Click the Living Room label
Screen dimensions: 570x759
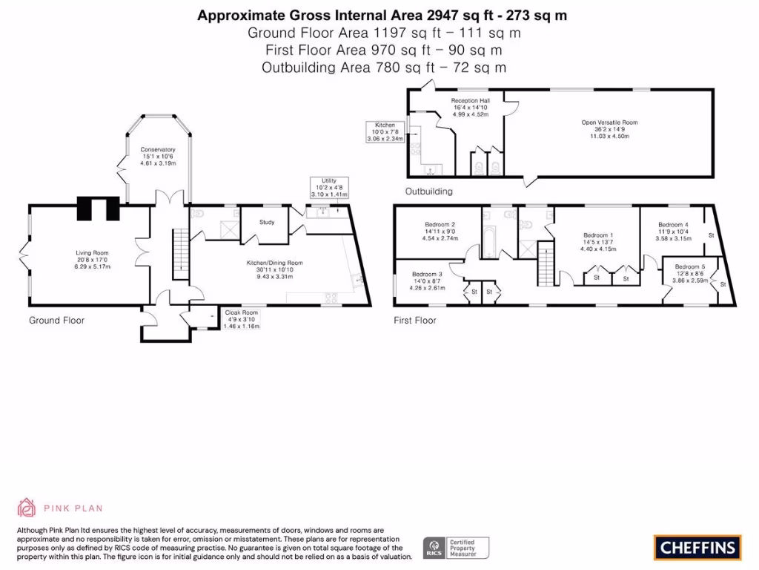(x=92, y=259)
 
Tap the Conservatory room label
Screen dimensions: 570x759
(x=157, y=156)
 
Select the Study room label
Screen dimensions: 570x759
(x=267, y=222)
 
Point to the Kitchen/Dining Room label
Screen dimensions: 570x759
(x=274, y=269)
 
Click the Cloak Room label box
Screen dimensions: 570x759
(x=241, y=319)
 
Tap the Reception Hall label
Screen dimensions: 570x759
(x=471, y=107)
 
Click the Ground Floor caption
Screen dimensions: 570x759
(x=56, y=321)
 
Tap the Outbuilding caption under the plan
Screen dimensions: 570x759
(x=428, y=191)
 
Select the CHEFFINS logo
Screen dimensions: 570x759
(x=697, y=548)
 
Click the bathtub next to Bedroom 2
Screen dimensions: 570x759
(x=491, y=245)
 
